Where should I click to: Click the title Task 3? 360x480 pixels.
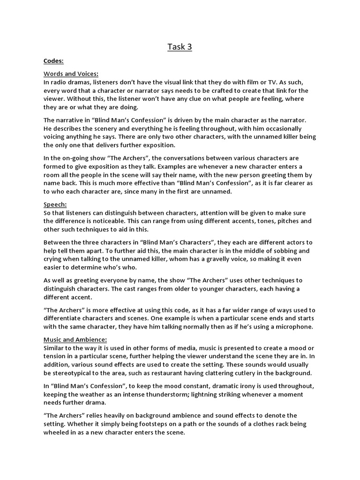180,47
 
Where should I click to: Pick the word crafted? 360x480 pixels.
211,90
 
